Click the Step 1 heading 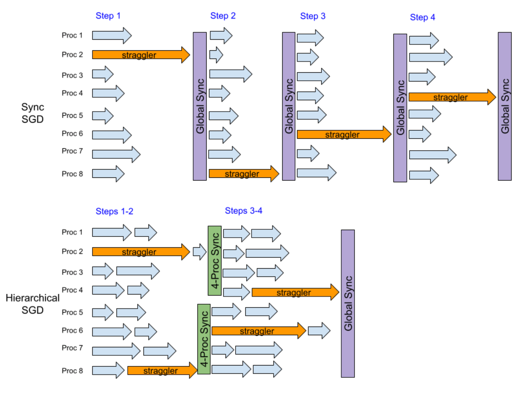tap(108, 16)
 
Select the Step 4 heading tap(422, 17)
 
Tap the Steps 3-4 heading tap(243, 211)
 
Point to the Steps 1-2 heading tap(114, 211)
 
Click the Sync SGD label tap(32, 113)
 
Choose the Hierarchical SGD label tap(32, 304)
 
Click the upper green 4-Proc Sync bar tap(215, 261)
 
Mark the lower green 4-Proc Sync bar tap(204, 339)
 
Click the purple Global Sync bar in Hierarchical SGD tap(348, 303)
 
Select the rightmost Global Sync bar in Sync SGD tap(505, 106)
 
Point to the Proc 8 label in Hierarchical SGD tap(72, 371)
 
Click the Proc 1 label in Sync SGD tap(72, 35)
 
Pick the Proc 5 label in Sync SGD tap(72, 116)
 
